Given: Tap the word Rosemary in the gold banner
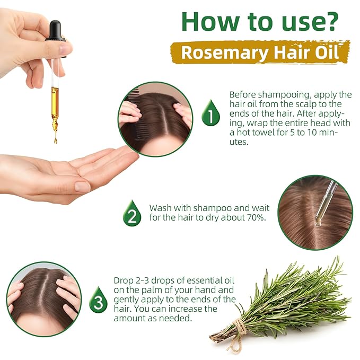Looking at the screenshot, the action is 224,53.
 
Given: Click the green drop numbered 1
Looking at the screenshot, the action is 210,113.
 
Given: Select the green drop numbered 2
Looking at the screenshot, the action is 132,213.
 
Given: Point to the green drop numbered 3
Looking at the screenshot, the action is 98,300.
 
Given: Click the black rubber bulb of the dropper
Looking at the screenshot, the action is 55,31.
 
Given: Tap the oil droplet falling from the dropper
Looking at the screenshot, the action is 55,140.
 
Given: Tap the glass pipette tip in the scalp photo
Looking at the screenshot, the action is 318,221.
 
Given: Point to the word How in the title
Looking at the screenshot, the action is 212,21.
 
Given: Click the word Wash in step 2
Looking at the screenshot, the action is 160,208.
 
